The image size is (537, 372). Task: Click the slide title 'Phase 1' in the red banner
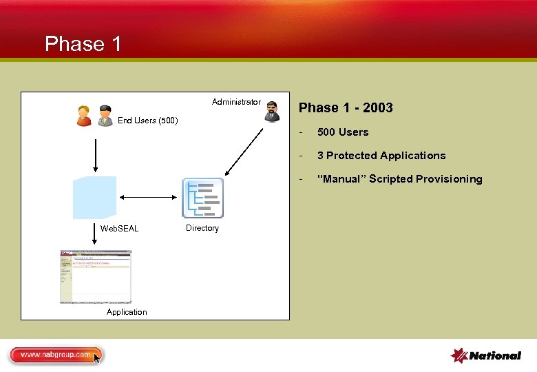[x=83, y=44]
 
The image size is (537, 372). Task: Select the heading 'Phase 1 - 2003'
[x=346, y=107]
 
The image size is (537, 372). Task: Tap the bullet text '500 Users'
[x=342, y=132]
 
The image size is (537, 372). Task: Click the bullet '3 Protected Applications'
[x=381, y=156]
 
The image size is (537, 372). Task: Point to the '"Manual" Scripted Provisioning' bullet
[x=399, y=179]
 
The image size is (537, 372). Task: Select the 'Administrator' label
[x=236, y=102]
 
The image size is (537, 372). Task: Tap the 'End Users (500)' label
[x=147, y=121]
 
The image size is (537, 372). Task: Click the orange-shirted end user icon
[x=84, y=116]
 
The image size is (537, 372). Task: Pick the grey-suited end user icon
[x=105, y=116]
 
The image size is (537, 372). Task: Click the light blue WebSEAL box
[x=95, y=197]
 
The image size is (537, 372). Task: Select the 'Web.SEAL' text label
[x=119, y=228]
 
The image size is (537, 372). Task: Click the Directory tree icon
[x=203, y=198]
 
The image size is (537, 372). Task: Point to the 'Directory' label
[x=202, y=228]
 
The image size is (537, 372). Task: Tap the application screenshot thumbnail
[x=95, y=276]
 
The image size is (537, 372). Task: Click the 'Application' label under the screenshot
[x=127, y=312]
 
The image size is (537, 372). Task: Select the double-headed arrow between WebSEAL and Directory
[x=149, y=198]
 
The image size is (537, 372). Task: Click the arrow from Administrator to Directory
[x=244, y=149]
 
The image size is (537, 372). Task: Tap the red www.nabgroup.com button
[x=55, y=355]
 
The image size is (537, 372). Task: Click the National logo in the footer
[x=485, y=355]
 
